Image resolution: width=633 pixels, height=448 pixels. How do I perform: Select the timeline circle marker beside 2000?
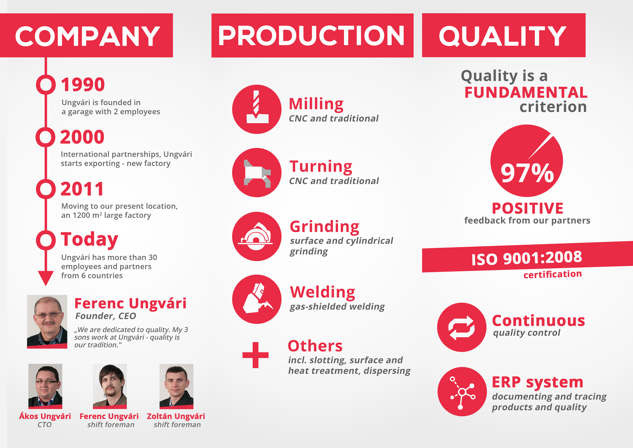tap(46, 137)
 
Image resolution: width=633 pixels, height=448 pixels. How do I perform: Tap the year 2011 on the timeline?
tap(82, 189)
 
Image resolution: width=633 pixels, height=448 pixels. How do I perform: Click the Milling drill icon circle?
tap(257, 109)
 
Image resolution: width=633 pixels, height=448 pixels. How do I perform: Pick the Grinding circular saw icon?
tap(257, 236)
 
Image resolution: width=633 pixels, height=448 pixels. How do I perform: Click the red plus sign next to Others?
tap(255, 355)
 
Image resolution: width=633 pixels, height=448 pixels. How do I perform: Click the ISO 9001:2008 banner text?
tap(527, 258)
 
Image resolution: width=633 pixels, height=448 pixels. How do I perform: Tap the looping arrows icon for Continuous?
tap(462, 327)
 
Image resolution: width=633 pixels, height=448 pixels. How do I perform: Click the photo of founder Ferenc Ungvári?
tap(47, 322)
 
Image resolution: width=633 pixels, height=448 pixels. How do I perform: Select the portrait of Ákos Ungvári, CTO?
tap(45, 386)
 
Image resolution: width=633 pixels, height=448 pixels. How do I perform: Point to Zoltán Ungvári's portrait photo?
tap(176, 386)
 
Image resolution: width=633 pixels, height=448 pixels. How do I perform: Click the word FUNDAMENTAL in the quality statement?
tap(526, 92)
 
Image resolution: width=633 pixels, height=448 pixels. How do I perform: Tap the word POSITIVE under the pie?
tap(527, 208)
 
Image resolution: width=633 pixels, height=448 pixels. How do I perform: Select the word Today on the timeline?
tap(89, 239)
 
